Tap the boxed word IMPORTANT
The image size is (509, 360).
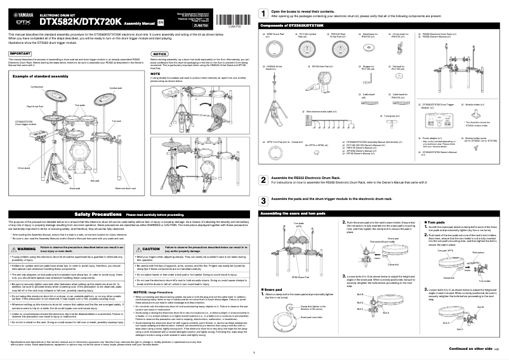(x=21, y=54)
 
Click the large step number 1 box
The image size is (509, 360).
(x=263, y=14)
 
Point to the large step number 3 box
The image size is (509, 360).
(x=263, y=200)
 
